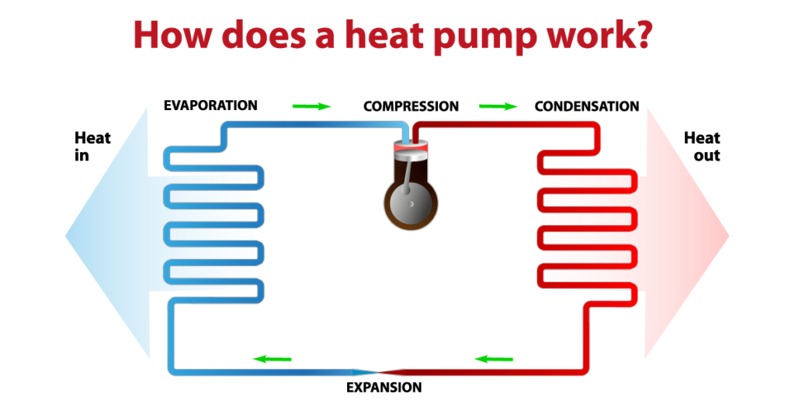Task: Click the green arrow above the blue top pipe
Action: tap(312, 106)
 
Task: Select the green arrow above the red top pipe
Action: tap(498, 106)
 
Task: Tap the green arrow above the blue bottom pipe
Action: tap(272, 359)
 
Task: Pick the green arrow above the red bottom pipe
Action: tap(494, 359)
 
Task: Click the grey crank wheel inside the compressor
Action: tap(410, 203)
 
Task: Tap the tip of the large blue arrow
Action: tap(67, 233)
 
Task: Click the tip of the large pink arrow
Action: tap(727, 233)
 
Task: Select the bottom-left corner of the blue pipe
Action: tap(172, 371)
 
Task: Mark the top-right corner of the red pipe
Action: tap(597, 125)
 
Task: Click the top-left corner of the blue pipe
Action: tap(224, 125)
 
